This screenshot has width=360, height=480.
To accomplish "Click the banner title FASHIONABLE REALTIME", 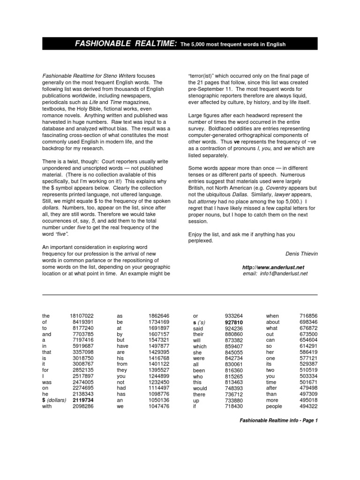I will (126, 44).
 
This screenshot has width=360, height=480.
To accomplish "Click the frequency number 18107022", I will (81, 316).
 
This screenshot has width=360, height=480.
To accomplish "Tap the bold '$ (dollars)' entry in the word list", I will (54, 400).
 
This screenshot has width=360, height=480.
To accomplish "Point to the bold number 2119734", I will (83, 400).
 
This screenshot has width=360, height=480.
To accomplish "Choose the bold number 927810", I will (233, 323).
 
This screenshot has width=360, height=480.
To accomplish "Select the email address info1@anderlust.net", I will (275, 273).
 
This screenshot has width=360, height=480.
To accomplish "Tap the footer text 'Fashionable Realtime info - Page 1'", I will (278, 420).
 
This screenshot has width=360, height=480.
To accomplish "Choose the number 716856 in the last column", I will (308, 316).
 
